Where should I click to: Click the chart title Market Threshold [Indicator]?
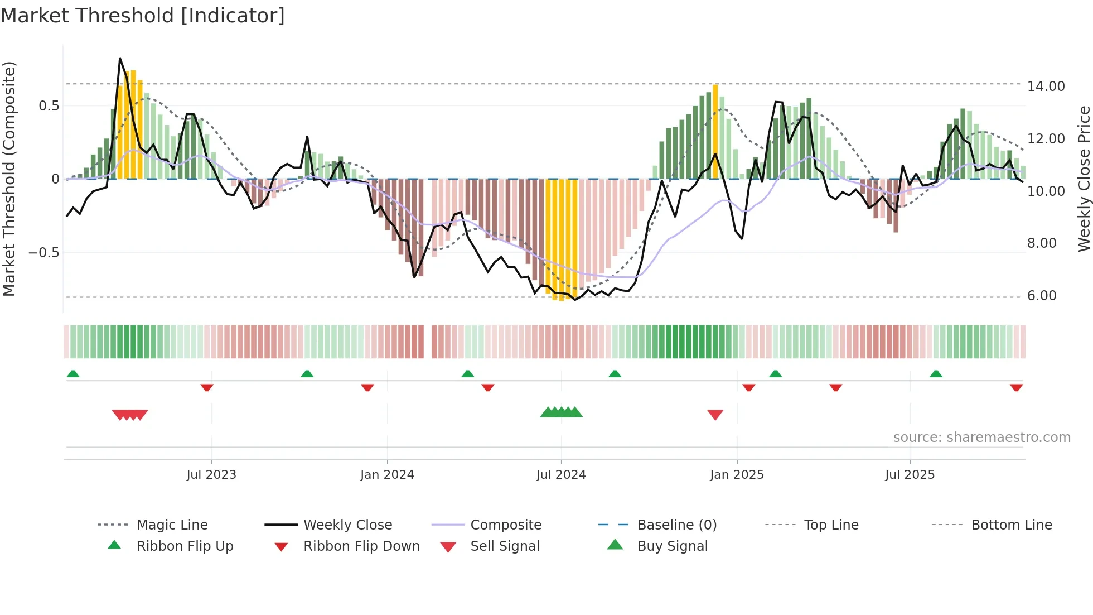tap(143, 16)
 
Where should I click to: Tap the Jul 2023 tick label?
tap(211, 475)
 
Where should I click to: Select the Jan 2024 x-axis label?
tap(387, 475)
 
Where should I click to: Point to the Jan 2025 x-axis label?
tap(737, 475)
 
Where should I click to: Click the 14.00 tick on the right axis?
tap(1046, 87)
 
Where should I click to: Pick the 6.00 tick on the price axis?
tap(1042, 296)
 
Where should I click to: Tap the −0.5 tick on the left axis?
tap(44, 253)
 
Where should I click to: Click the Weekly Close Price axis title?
tap(1084, 179)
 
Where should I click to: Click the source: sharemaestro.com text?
tap(981, 438)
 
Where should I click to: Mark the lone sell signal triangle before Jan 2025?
tap(715, 415)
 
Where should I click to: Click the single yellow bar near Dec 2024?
tap(715, 131)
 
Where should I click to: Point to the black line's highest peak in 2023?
tap(120, 59)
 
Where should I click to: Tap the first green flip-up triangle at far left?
tap(73, 374)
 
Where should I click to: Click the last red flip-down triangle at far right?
tap(1016, 387)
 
